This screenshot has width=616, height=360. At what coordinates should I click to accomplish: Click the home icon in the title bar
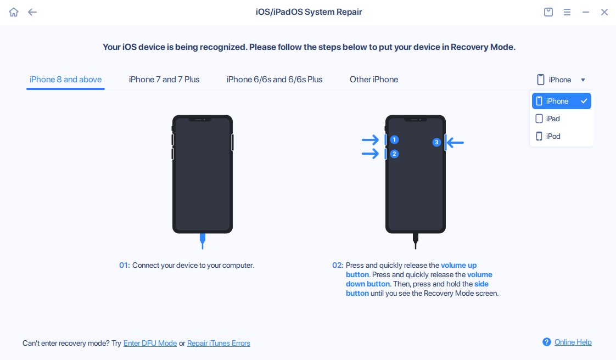[x=14, y=12]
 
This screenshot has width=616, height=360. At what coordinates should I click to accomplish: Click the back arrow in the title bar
[x=32, y=12]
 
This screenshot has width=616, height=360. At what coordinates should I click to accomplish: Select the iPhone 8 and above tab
[x=65, y=80]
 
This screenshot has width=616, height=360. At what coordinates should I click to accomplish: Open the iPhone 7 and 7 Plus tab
[x=164, y=80]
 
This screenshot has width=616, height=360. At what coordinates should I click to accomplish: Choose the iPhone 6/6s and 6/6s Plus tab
[x=275, y=80]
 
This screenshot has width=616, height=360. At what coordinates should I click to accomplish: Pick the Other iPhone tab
[x=374, y=80]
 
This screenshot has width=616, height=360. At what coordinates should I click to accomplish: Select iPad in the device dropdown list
[x=553, y=119]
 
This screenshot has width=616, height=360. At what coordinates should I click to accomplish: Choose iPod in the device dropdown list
[x=553, y=136]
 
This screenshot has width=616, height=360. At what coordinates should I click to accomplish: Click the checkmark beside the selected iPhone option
[x=584, y=101]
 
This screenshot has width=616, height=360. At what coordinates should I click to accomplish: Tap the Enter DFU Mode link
[x=150, y=344]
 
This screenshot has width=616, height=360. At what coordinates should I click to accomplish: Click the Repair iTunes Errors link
[x=219, y=344]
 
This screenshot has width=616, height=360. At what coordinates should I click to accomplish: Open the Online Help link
[x=573, y=342]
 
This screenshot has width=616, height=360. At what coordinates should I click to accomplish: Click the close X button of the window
[x=604, y=12]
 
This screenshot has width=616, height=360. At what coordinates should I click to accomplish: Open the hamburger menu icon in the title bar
[x=567, y=12]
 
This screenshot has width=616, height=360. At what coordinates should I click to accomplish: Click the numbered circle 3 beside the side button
[x=436, y=143]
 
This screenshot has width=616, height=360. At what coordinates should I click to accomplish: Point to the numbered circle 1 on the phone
[x=394, y=140]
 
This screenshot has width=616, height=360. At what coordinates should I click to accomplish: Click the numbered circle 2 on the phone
[x=394, y=154]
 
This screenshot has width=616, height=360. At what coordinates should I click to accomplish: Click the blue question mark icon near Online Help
[x=547, y=342]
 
